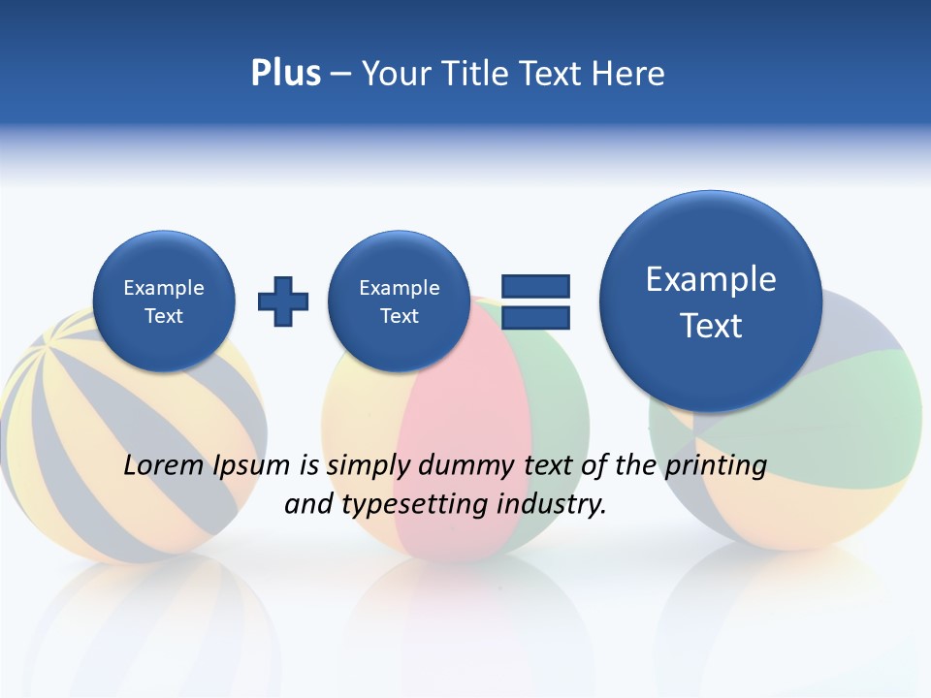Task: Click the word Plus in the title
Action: tap(285, 74)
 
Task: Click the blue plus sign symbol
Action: tap(283, 301)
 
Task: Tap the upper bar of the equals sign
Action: tap(535, 285)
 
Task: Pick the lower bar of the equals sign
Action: tap(535, 317)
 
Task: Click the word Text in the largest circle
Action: tap(711, 326)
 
